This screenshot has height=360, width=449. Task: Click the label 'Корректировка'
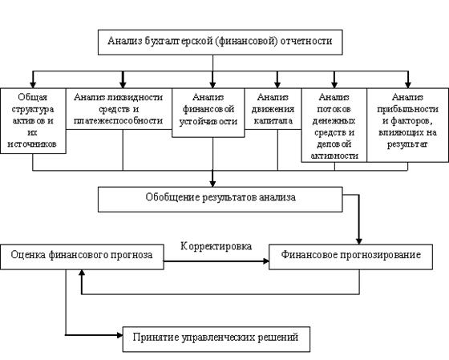coord(216,246)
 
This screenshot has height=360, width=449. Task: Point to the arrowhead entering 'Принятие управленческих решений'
coord(120,335)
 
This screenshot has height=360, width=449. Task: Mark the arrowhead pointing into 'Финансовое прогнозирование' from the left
coord(266,261)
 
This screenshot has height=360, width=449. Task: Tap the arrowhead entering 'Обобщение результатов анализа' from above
coord(212,184)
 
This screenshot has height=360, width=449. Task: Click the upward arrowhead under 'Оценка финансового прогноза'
coord(82,273)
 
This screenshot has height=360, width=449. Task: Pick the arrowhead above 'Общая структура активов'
coord(33,85)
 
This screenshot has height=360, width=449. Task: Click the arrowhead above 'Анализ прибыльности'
coord(408,85)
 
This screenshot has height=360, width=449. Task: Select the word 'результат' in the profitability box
coord(407,144)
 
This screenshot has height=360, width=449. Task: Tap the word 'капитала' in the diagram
coord(273,121)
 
